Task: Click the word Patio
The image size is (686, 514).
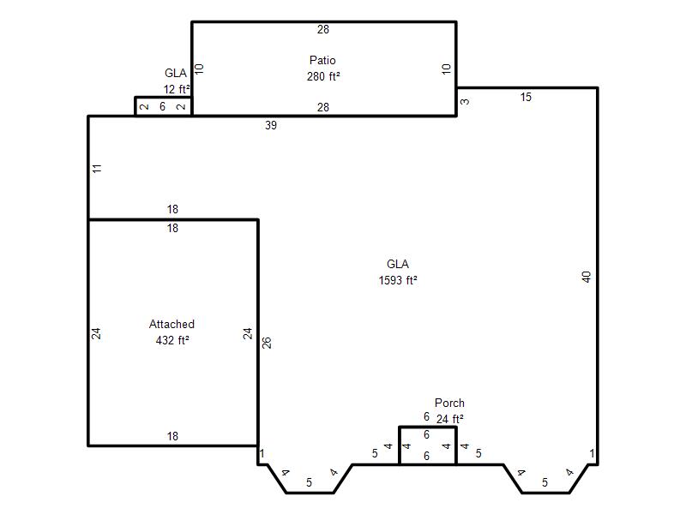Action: tap(322, 60)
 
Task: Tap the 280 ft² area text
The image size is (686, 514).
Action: tap(323, 76)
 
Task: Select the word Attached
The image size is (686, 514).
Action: tap(171, 324)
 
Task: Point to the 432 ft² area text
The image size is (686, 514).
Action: tap(172, 340)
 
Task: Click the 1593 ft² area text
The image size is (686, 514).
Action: tap(398, 280)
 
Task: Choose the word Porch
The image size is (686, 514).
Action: tap(449, 403)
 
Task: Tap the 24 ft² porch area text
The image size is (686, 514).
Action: tap(449, 419)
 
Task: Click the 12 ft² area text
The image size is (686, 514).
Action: tap(177, 89)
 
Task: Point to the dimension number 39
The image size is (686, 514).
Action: tap(271, 125)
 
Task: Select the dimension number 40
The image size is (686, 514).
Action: tap(587, 277)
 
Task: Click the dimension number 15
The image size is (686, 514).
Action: tap(526, 97)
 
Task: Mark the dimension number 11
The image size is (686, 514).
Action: tap(97, 168)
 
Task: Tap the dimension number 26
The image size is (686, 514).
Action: tap(267, 343)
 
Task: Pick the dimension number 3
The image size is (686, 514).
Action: tap(465, 101)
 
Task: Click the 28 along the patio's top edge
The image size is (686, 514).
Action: tap(323, 29)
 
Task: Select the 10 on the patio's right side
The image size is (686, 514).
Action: tap(446, 69)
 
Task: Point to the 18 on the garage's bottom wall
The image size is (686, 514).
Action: tap(172, 436)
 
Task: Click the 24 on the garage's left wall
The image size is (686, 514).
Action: tap(96, 333)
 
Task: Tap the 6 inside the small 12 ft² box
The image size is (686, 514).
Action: tap(162, 106)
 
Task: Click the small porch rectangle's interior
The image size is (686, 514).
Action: tap(427, 445)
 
